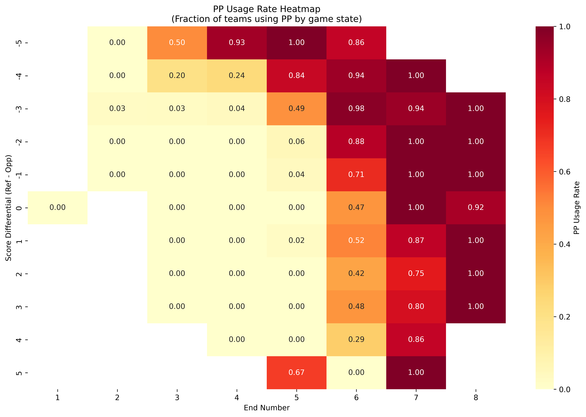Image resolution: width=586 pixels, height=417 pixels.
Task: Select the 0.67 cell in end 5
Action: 296,372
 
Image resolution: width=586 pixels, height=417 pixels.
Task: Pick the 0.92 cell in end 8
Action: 476,207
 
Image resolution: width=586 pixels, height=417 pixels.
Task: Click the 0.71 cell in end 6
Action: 356,175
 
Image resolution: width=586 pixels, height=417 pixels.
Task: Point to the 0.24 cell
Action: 237,75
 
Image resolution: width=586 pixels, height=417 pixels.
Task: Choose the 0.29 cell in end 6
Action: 356,339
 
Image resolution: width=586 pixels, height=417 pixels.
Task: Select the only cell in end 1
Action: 57,207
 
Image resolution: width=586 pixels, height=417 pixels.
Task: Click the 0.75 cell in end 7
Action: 416,273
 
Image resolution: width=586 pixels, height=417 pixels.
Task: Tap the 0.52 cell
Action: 356,241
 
